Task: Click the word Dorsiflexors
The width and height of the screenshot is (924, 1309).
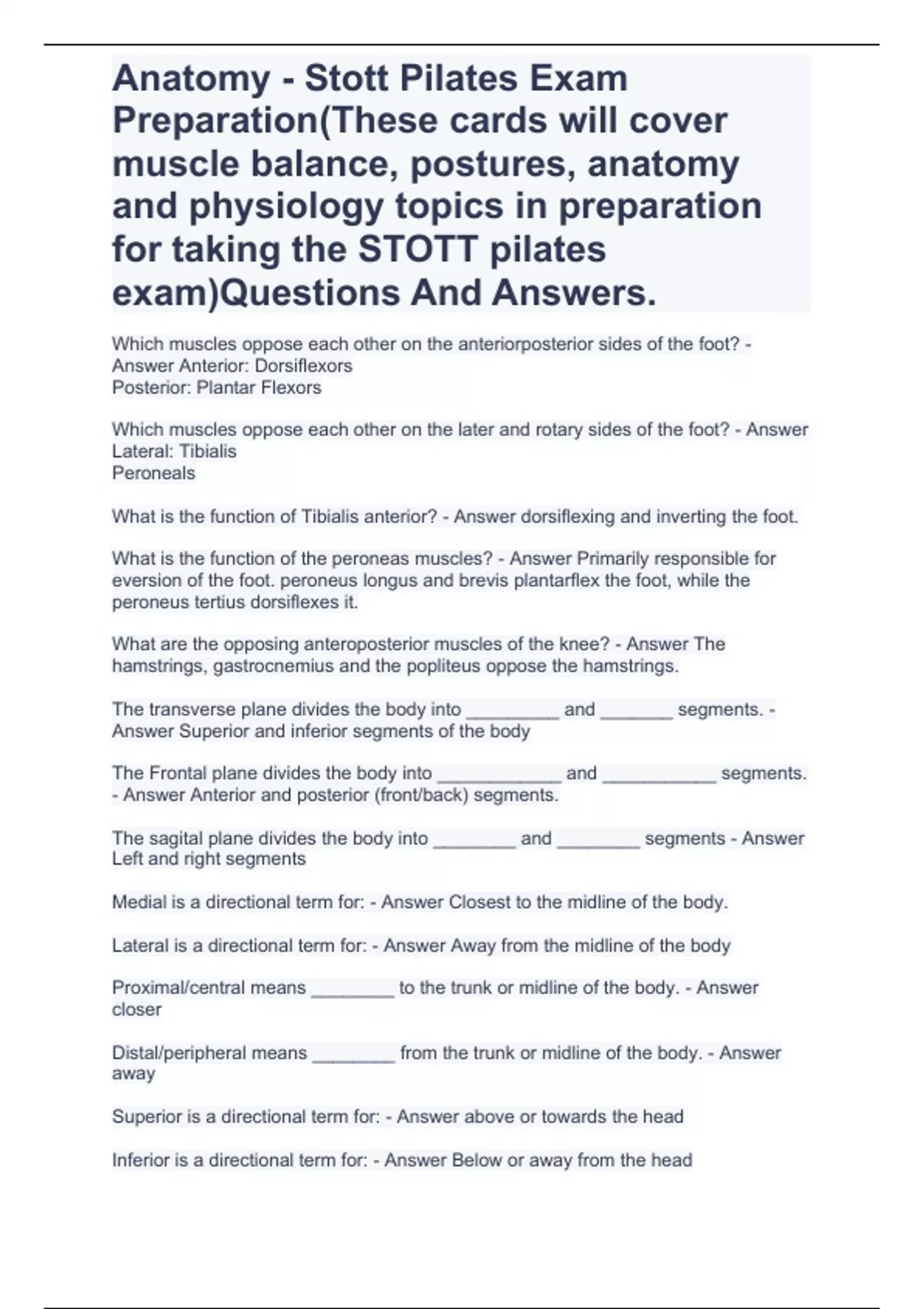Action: [303, 366]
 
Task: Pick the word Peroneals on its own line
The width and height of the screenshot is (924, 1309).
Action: [154, 473]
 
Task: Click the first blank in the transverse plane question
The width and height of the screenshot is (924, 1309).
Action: [512, 711]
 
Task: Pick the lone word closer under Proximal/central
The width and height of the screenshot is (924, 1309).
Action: [137, 1009]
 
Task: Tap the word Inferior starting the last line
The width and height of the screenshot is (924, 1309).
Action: [141, 1160]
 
